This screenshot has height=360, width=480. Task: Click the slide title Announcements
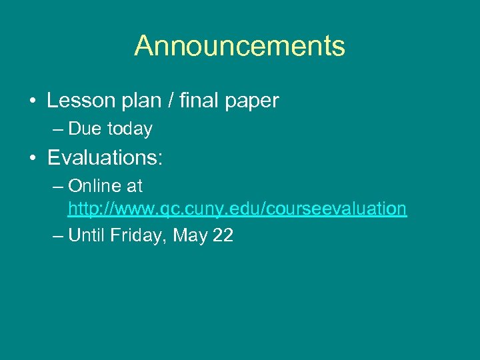pos(240,46)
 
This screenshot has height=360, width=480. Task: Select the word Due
pos(83,129)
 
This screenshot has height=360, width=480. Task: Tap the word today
pos(128,129)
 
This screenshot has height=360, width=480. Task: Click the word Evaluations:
pos(105,158)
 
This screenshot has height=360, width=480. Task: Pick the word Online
pos(93,185)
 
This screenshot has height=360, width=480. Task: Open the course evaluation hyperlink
pos(237,209)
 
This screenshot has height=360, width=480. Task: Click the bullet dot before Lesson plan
pos(32,101)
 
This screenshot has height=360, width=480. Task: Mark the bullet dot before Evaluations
pos(32,159)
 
